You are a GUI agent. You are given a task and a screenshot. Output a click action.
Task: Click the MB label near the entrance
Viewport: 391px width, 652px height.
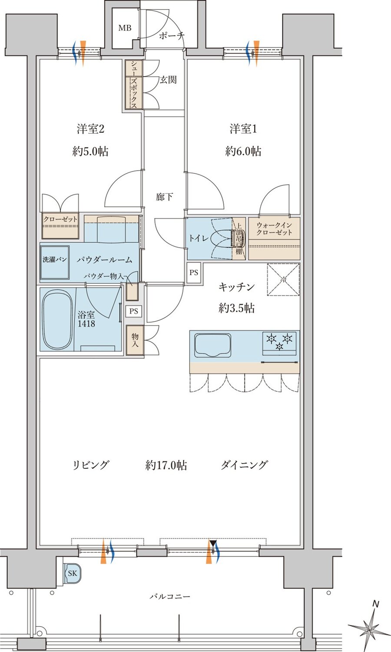[x=125, y=28]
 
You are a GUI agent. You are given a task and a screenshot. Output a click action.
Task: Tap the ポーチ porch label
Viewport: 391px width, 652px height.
[x=172, y=36]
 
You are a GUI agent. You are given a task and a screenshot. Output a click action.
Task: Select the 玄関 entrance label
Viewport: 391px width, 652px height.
[x=168, y=80]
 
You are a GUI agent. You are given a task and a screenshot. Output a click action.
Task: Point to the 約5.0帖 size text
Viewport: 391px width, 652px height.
[x=90, y=151]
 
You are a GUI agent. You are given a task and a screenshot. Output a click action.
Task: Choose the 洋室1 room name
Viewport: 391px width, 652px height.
[x=243, y=129]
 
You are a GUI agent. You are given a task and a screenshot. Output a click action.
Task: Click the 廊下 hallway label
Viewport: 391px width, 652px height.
[x=164, y=197]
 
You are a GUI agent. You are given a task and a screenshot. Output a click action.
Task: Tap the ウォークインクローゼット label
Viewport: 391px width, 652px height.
[x=274, y=229]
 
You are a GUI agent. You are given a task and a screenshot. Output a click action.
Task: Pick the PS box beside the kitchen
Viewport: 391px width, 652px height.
[x=194, y=273]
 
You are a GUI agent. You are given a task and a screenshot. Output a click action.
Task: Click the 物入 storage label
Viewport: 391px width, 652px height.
[x=135, y=340]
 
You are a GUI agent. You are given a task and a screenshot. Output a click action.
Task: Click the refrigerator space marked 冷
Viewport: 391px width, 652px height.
[x=283, y=279]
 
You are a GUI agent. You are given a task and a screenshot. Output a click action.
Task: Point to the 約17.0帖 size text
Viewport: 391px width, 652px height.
[x=166, y=465]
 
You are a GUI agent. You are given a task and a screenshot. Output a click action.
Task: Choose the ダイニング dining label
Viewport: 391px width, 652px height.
[x=244, y=465]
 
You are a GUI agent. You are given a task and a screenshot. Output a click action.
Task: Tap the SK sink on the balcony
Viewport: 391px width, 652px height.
[x=72, y=573]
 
